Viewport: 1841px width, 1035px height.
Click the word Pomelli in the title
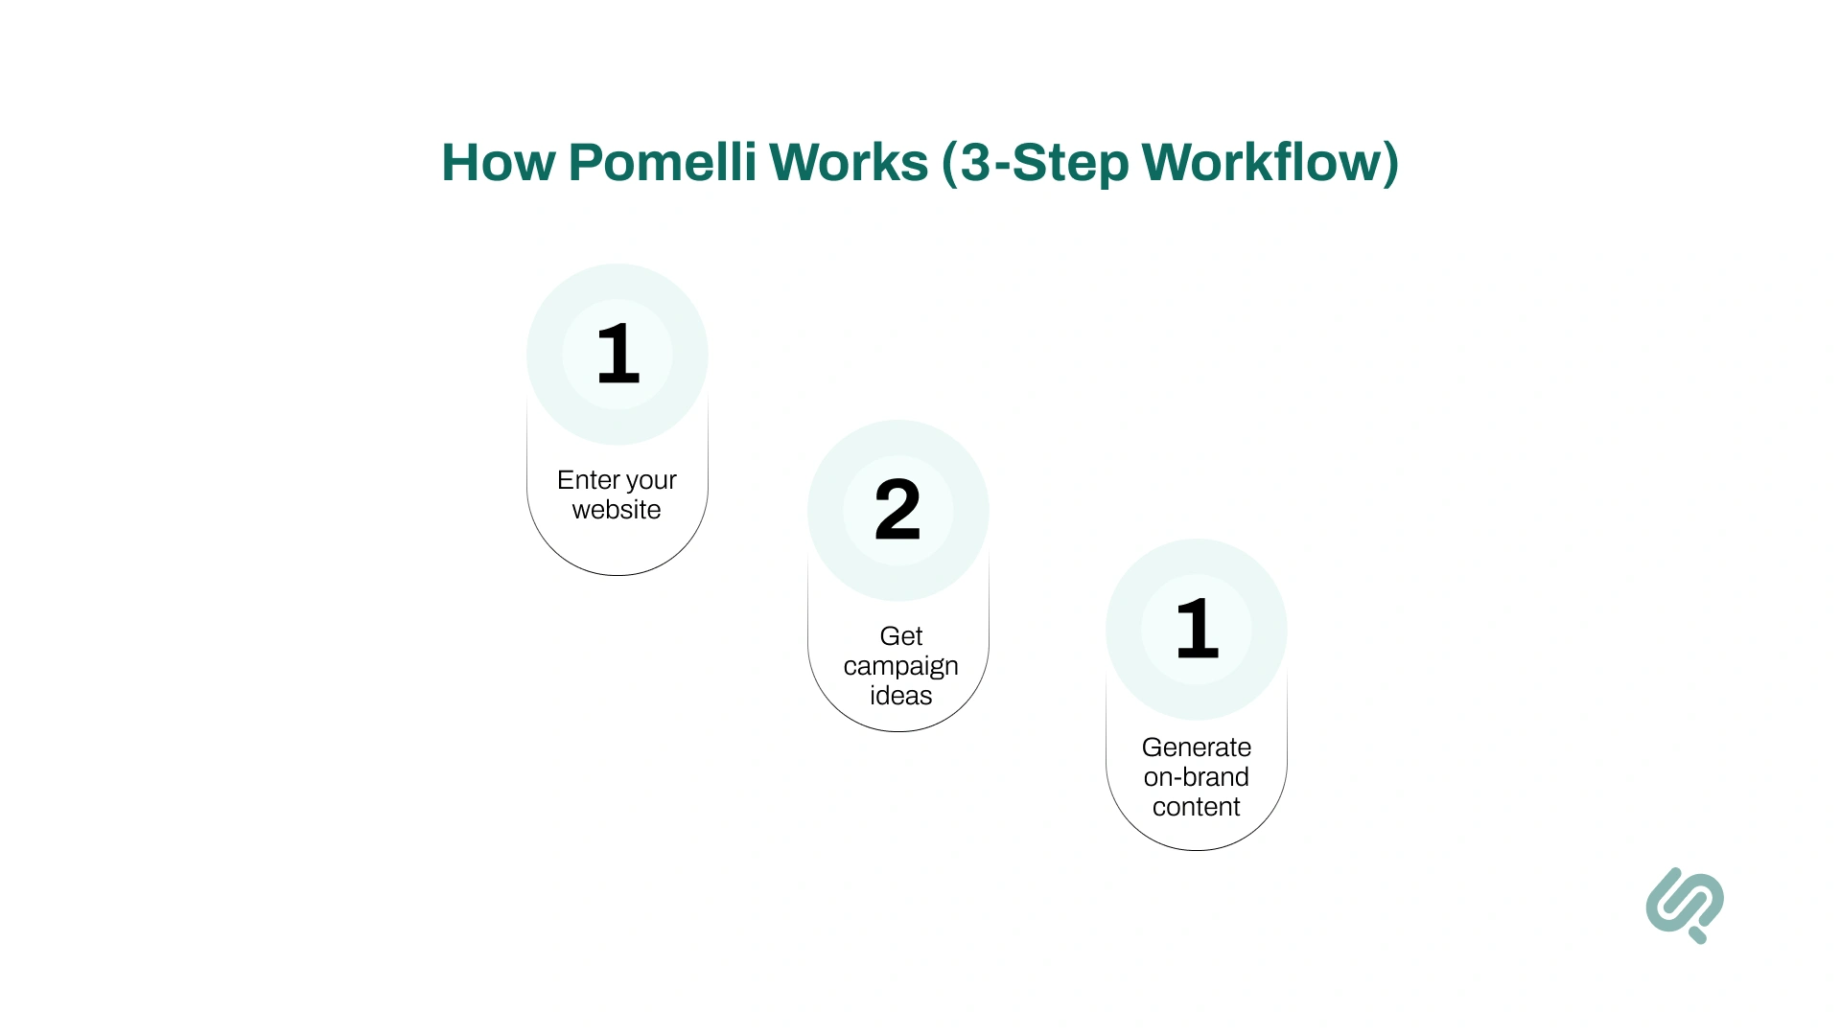pyautogui.click(x=663, y=162)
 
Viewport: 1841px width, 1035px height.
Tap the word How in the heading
pyautogui.click(x=498, y=162)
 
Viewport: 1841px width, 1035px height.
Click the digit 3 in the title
pyautogui.click(x=975, y=162)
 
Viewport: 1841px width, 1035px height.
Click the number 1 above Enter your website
pyautogui.click(x=618, y=355)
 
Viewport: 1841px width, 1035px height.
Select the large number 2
pyautogui.click(x=897, y=510)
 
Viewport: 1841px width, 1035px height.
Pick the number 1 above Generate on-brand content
pyautogui.click(x=1197, y=629)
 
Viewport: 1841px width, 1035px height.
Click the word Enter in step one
pyautogui.click(x=588, y=479)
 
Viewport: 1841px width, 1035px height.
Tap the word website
pyautogui.click(x=617, y=510)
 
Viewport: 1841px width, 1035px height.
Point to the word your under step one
pyautogui.click(x=651, y=481)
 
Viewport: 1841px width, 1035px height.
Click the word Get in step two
pyautogui.click(x=900, y=636)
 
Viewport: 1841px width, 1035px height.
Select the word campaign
pyautogui.click(x=900, y=667)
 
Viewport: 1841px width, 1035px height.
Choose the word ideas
pyautogui.click(x=900, y=696)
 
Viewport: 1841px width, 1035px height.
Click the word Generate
pyautogui.click(x=1196, y=747)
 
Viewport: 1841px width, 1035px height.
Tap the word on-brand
pyautogui.click(x=1196, y=777)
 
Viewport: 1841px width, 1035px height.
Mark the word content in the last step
pyautogui.click(x=1196, y=807)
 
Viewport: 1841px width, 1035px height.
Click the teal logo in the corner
pyautogui.click(x=1685, y=905)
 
